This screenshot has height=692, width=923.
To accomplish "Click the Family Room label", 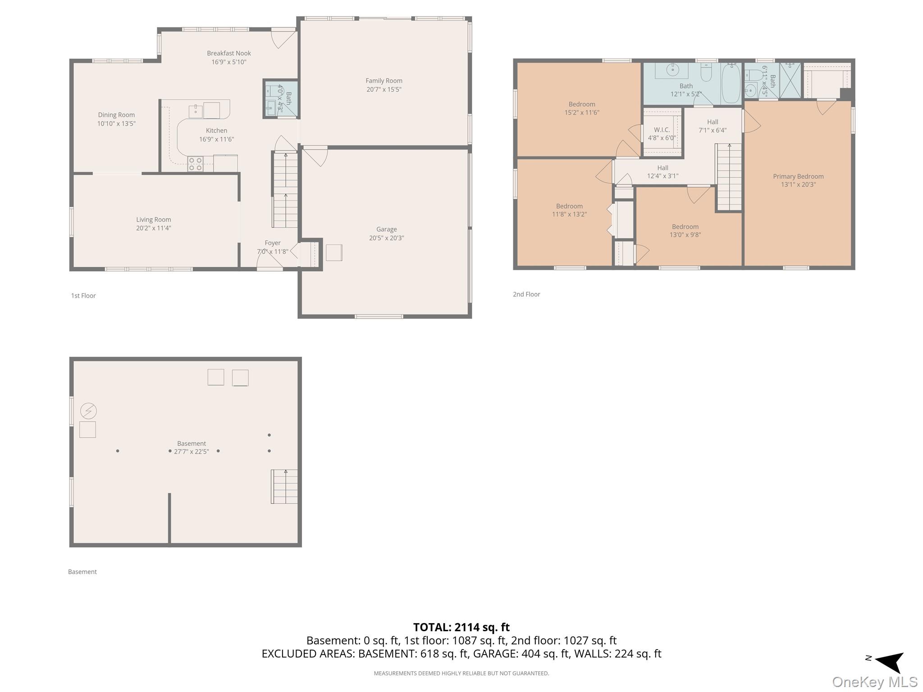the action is click(384, 81).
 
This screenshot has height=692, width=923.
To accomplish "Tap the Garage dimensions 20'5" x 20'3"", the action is click(387, 238).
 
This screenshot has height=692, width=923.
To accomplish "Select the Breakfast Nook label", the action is click(229, 53).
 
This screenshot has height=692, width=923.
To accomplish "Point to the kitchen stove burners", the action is click(196, 164).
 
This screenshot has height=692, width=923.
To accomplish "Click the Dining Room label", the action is click(116, 115).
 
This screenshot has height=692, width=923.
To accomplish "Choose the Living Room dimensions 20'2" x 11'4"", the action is click(154, 228).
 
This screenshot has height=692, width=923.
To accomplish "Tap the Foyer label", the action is click(273, 243).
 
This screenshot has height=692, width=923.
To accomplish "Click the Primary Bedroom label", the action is click(798, 177).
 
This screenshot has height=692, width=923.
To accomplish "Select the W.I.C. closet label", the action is click(662, 130).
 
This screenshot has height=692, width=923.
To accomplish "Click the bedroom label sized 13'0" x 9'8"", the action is click(685, 227).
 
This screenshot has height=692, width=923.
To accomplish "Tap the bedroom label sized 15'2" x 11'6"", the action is click(582, 105).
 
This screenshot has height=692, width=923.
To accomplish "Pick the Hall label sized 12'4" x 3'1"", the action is click(663, 168).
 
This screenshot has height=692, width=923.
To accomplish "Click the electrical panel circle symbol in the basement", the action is click(88, 411).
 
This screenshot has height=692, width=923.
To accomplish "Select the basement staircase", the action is click(284, 487).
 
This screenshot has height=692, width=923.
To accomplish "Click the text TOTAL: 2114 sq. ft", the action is click(461, 627).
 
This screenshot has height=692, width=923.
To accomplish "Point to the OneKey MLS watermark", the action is click(875, 682).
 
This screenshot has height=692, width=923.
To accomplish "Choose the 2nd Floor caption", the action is click(526, 294).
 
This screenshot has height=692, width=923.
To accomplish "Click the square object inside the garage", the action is click(334, 253).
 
